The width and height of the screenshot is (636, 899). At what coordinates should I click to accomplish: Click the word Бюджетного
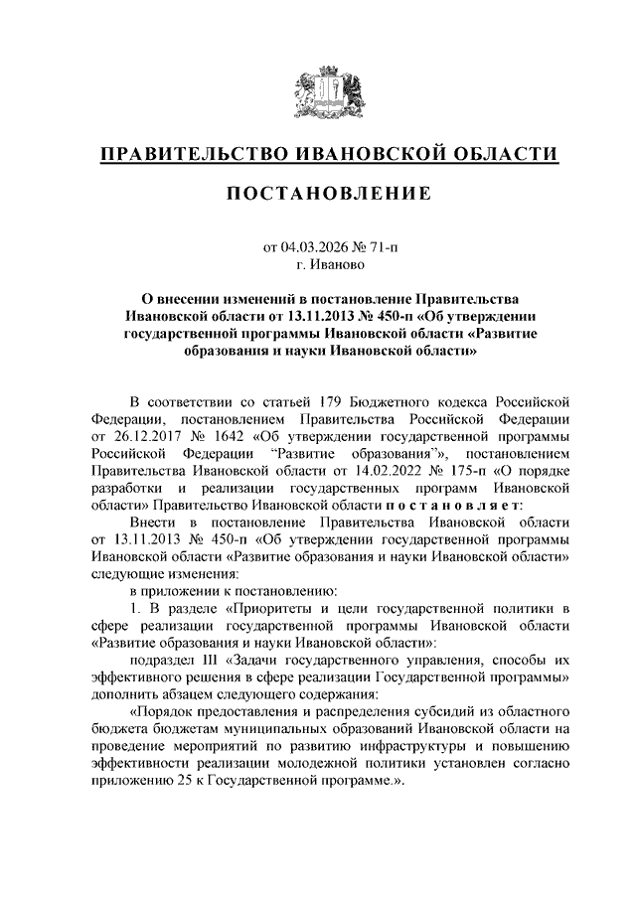(399, 400)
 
